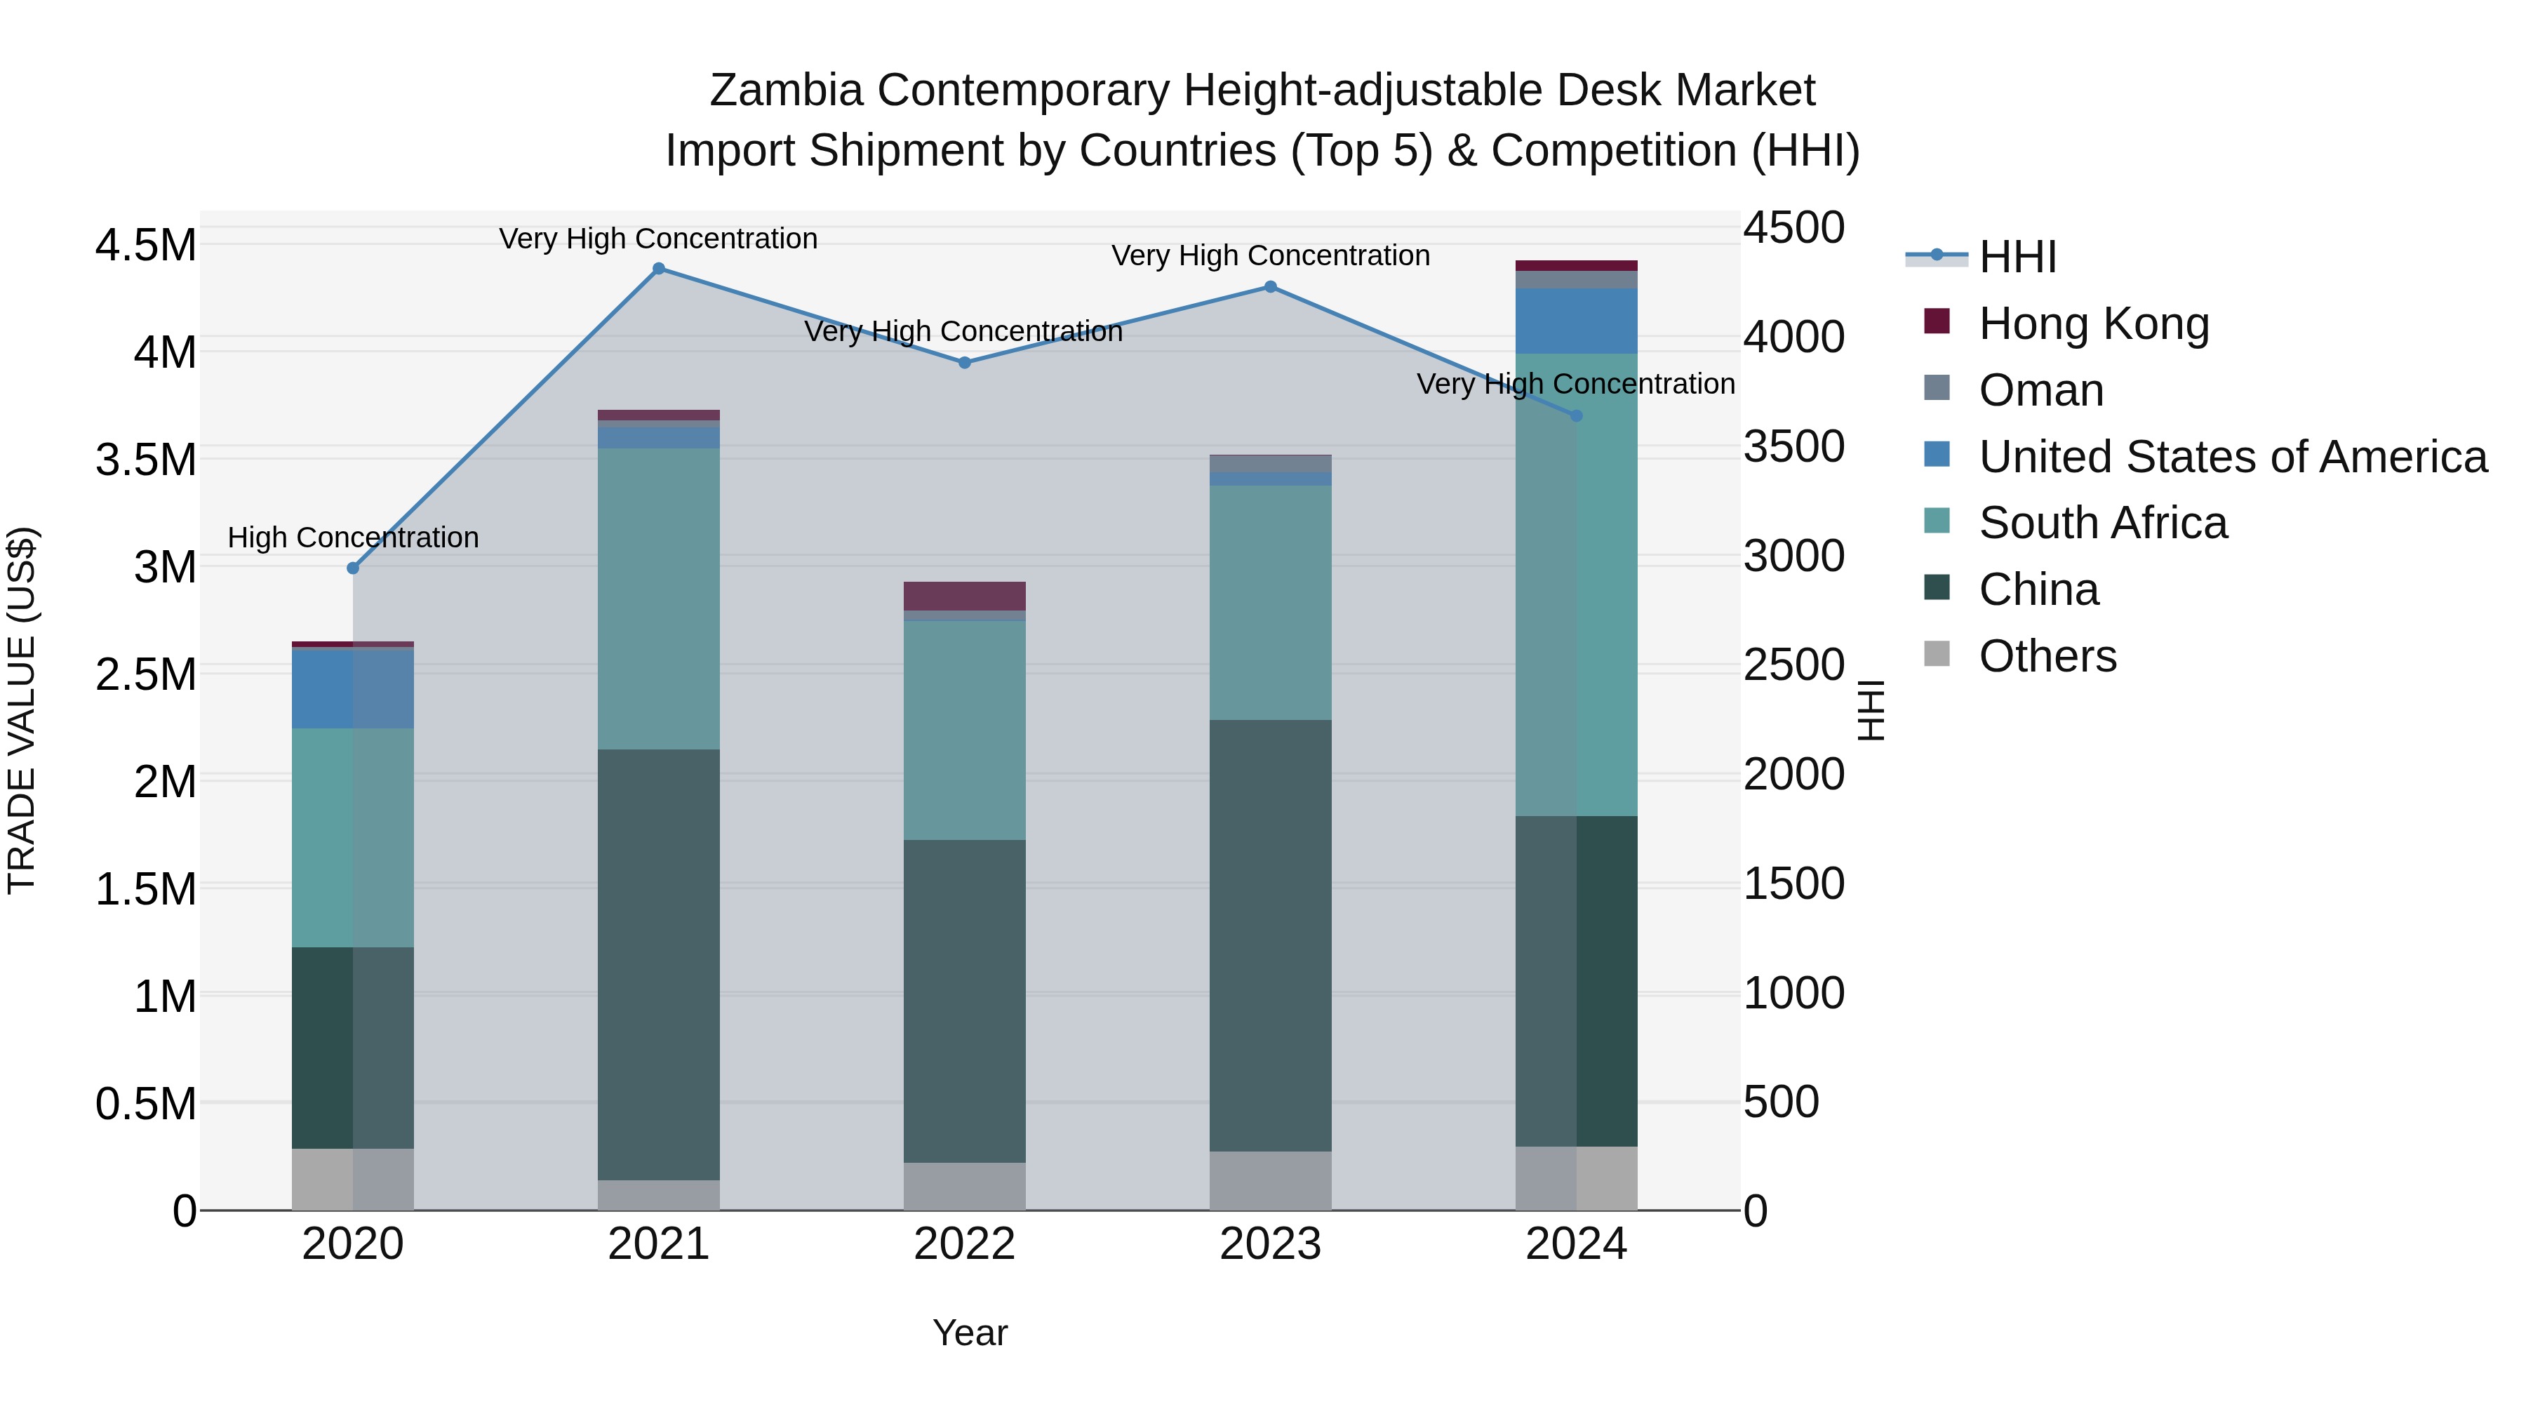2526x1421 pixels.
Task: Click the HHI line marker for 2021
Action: [x=659, y=269]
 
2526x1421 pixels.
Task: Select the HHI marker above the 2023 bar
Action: [x=1270, y=287]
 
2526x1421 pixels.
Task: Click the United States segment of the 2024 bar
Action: [x=1576, y=321]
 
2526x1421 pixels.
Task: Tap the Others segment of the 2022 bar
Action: [x=964, y=1186]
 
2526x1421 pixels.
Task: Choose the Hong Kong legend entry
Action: [x=2094, y=323]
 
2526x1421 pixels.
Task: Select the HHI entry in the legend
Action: [x=2017, y=257]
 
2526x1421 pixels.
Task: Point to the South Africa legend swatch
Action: [x=1937, y=521]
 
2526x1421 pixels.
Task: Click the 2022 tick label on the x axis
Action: [x=964, y=1244]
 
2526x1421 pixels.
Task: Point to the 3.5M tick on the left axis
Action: [x=145, y=460]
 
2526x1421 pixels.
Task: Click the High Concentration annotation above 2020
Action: [x=353, y=538]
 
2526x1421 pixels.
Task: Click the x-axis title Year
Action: [x=970, y=1333]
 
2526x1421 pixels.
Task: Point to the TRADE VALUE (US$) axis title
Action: [x=22, y=710]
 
